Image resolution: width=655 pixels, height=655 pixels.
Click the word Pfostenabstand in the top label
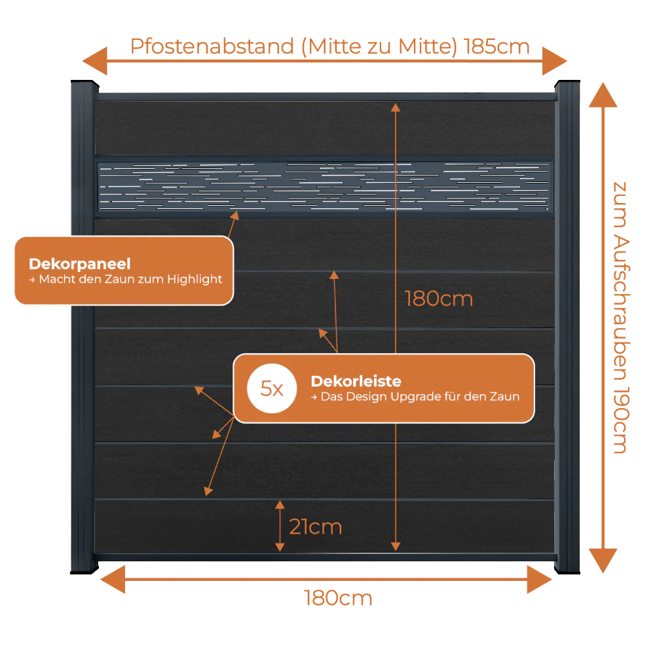pos(212,47)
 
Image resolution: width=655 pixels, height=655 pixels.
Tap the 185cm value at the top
pos(496,47)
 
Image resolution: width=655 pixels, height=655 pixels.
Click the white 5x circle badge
pos(272,388)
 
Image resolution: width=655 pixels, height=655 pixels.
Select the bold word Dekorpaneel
pos(80,263)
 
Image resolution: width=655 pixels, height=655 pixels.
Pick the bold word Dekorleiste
pos(356,381)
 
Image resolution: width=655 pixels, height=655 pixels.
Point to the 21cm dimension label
pos(316,527)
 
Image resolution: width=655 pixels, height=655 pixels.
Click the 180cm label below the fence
pos(338,598)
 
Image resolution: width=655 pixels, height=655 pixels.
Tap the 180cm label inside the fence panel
pos(439,299)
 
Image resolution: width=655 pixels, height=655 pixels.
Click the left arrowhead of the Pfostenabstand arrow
pos(95,61)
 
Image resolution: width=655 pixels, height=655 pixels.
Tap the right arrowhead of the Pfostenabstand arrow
pos(555,61)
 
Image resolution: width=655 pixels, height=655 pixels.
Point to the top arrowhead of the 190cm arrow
pos(603,95)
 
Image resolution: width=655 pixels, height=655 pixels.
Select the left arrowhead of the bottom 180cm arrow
pos(113,580)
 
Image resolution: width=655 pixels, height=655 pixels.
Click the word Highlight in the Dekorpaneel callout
pos(195,280)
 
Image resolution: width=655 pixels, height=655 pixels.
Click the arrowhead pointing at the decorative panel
pos(235,215)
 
